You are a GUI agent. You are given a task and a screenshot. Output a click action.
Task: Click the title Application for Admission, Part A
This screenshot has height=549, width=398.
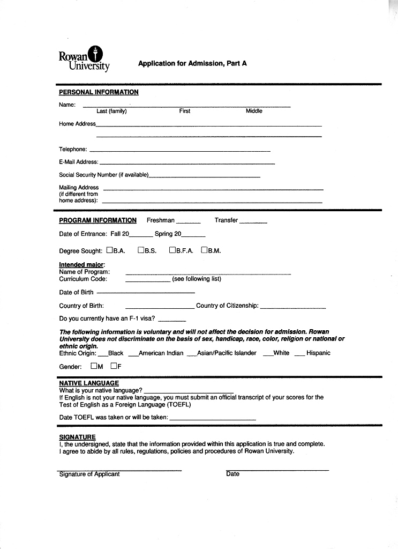[192, 63]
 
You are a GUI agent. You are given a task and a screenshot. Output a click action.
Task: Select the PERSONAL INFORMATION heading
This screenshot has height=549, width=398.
[99, 92]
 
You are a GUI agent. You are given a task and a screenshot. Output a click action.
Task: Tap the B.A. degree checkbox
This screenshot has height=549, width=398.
[109, 250]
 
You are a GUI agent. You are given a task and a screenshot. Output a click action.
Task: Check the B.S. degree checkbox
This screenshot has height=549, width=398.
[141, 250]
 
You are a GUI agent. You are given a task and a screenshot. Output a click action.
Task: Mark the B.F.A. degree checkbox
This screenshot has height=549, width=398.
[172, 250]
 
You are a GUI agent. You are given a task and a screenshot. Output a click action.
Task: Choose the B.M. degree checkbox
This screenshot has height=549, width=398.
[204, 250]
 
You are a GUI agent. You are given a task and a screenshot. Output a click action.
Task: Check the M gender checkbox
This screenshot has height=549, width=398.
[94, 366]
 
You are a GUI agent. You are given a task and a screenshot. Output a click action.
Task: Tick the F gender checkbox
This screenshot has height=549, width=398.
[114, 366]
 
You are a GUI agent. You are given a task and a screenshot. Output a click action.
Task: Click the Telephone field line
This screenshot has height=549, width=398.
[179, 151]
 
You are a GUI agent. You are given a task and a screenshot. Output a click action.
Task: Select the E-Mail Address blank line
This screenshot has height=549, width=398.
[187, 162]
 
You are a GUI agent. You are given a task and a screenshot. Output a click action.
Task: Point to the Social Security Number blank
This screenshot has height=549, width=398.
[204, 176]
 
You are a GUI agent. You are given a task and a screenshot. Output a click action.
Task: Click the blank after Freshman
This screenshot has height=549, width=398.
[188, 222]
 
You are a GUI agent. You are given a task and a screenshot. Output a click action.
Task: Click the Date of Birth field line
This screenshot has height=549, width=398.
[145, 293]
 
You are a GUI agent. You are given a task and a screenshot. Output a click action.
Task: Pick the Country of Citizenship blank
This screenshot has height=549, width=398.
[292, 307]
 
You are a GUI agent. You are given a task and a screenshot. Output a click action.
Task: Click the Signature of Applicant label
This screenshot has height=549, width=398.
[89, 474]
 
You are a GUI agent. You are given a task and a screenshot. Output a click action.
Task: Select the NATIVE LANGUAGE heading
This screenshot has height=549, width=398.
[89, 383]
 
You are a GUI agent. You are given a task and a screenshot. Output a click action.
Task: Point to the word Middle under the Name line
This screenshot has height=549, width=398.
[254, 111]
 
